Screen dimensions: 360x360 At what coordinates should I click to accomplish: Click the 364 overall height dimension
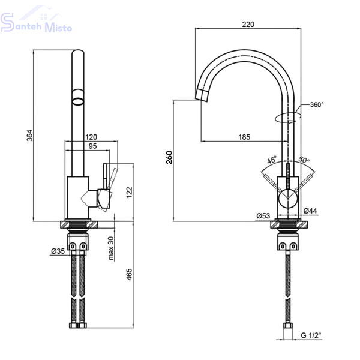coord(30,136)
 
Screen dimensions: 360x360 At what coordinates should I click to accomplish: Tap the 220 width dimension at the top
coord(248,24)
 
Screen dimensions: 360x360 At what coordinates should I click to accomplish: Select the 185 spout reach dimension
coord(244,137)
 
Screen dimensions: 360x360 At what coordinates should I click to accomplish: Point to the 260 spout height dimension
coord(169,157)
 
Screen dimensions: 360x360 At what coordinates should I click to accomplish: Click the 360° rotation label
coord(317,104)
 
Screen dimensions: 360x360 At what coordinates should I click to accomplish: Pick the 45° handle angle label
coord(272,160)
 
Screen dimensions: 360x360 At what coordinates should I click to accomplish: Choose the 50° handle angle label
coord(304,160)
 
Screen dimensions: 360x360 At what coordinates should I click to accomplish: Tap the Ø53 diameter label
coord(263,216)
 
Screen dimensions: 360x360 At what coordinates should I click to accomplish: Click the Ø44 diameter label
coord(310,211)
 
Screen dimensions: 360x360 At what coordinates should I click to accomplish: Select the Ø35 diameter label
coord(58,251)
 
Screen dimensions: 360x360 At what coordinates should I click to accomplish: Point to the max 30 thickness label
coord(111,248)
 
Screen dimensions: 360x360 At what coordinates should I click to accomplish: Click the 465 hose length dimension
coord(129,274)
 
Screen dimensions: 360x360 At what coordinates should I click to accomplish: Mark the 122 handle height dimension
coord(129,193)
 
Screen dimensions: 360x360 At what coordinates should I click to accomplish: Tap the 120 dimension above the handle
coord(91,137)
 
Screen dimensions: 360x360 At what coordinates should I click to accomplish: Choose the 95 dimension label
coord(93,146)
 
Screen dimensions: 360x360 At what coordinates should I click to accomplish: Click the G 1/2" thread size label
coord(311,335)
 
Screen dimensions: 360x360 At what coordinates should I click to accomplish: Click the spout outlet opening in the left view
coord(78,101)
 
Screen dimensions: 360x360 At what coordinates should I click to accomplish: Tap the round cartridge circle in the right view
coord(288,199)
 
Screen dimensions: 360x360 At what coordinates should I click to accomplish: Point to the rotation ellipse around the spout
coord(287,118)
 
